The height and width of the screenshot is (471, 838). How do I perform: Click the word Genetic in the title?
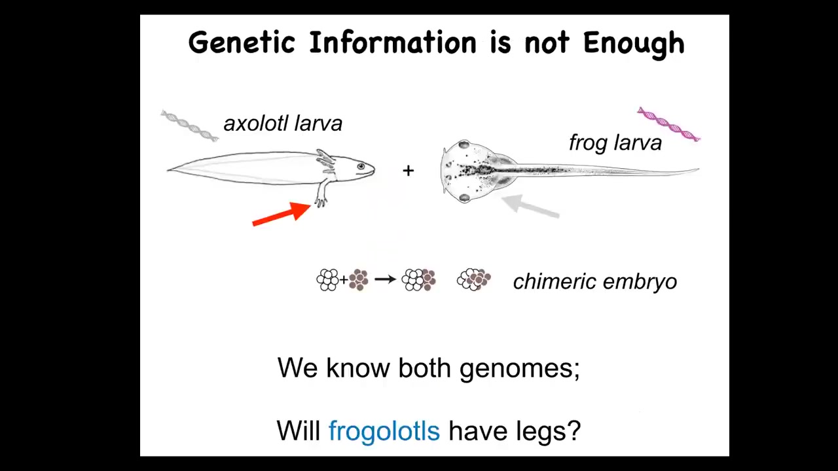242,43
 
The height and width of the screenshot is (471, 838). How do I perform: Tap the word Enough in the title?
634,44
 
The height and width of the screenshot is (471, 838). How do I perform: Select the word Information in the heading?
392,43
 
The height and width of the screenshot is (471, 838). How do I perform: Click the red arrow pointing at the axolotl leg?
282,214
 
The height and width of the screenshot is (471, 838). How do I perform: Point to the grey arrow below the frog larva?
530,206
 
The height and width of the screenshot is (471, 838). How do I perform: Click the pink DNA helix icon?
669,124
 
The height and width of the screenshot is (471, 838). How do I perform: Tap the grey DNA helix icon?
190,126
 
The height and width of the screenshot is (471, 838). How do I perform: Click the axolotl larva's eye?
361,166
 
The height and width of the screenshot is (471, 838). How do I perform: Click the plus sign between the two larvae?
408,171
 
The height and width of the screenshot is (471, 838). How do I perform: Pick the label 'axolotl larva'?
283,124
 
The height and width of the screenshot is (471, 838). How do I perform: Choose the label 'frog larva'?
615,143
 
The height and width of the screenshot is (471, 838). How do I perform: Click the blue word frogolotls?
384,430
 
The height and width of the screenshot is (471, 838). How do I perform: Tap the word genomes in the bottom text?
520,368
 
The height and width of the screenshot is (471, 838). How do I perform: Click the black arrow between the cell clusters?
386,279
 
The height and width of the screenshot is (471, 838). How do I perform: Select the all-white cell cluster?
327,279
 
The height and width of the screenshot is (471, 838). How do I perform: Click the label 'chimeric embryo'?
595,281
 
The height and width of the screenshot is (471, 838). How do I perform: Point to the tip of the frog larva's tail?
699,169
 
